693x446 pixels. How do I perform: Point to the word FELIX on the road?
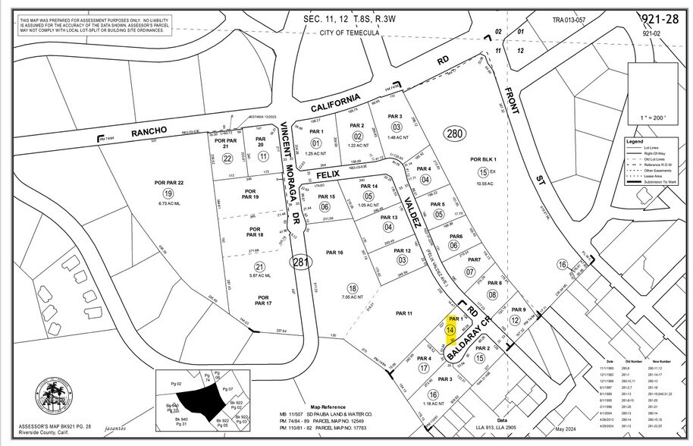click(327, 174)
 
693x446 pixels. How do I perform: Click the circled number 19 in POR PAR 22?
click(167, 193)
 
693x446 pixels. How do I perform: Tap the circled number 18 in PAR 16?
click(352, 287)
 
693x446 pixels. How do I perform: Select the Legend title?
click(635, 142)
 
